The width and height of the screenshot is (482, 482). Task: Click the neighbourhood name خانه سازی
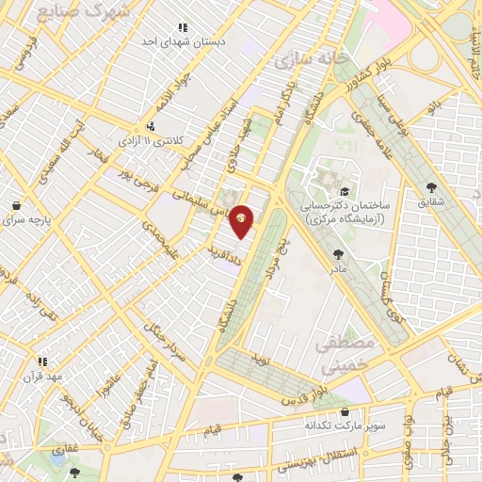click(x=311, y=59)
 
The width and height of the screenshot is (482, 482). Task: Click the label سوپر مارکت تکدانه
click(x=345, y=426)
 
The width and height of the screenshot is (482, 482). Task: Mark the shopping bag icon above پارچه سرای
click(x=16, y=204)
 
